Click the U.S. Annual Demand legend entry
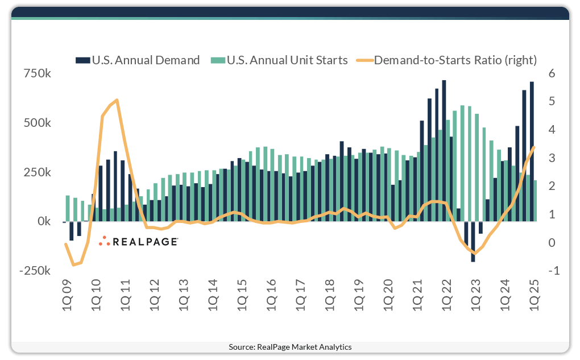point(145,60)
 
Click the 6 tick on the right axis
point(552,73)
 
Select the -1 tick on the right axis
point(552,271)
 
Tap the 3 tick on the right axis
point(552,158)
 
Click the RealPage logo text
point(145,242)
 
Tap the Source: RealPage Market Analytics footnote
point(290,346)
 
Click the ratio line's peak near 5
point(117,100)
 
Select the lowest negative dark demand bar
point(473,242)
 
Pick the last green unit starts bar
point(535,201)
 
